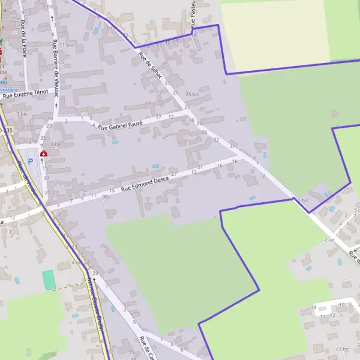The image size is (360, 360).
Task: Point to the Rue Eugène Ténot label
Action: [x=25, y=94]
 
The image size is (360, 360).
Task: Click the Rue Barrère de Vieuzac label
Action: [x=56, y=68]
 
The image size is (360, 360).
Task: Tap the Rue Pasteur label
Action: [x=194, y=15]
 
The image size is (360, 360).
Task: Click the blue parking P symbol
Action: [x=30, y=162]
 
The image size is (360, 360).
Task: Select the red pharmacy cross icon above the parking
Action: [x=43, y=154]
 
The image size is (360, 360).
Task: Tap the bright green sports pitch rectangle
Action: [x=48, y=280]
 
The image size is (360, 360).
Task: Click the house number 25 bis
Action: [x=192, y=94]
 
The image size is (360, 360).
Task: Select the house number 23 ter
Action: [x=343, y=349]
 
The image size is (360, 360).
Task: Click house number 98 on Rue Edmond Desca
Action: [x=104, y=196]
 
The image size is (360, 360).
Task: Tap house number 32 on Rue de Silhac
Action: [x=215, y=139]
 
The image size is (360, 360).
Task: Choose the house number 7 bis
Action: [x=56, y=145]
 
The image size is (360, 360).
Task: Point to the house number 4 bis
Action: [x=49, y=6]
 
